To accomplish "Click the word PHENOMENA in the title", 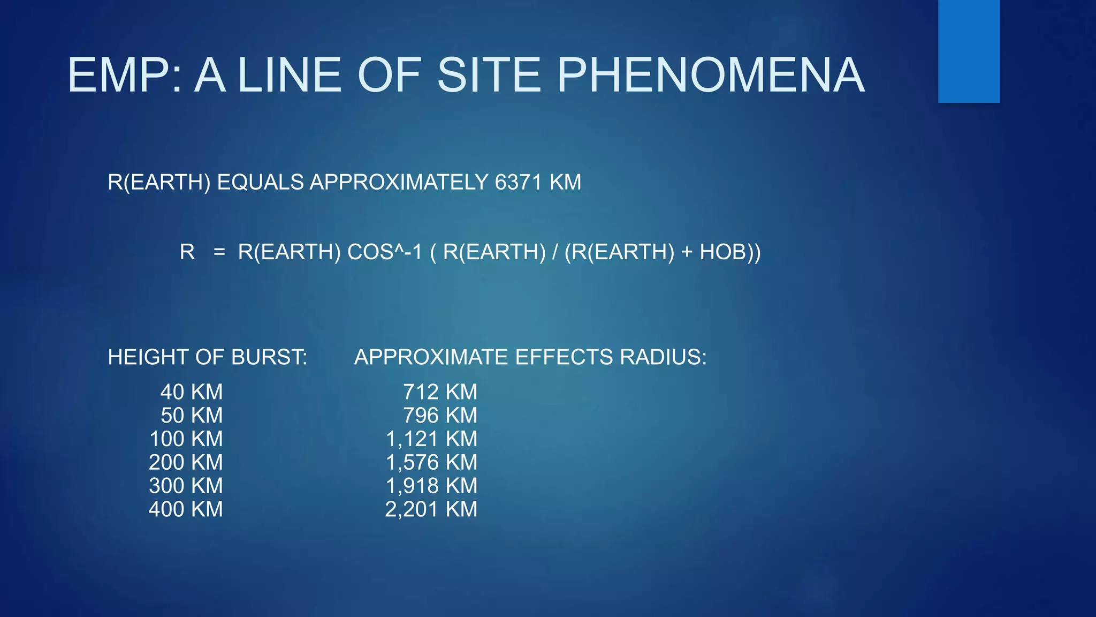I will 710,76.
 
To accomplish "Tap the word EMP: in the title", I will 125,76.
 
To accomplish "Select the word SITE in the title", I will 489,76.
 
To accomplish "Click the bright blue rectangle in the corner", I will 969,51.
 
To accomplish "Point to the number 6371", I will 519,183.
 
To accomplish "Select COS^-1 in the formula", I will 384,252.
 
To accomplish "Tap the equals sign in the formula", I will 219,252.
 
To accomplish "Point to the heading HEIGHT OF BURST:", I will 208,357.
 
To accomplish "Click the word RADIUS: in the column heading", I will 663,357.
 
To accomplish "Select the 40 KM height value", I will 191,392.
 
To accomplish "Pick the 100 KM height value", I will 186,439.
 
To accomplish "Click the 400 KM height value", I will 186,509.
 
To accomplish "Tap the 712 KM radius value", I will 440,392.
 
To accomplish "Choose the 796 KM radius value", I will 440,416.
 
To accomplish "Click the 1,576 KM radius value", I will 431,463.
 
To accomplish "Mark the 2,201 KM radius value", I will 431,509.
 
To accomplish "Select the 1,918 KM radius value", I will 431,486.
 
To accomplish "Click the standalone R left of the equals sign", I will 187,252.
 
